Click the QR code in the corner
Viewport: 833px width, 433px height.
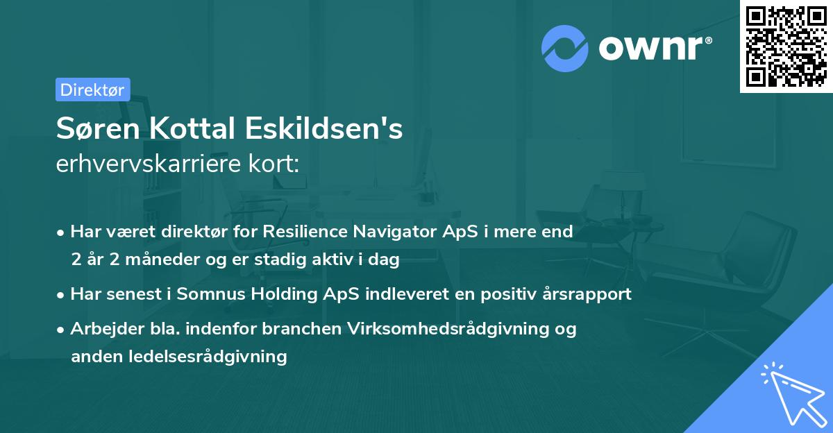(x=786, y=46)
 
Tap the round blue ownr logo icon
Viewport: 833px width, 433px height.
(x=564, y=48)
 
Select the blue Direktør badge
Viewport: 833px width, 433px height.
(x=92, y=90)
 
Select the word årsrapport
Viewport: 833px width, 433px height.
(x=588, y=294)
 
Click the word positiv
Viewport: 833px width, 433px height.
(x=510, y=294)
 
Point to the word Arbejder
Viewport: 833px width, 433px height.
(x=101, y=328)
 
